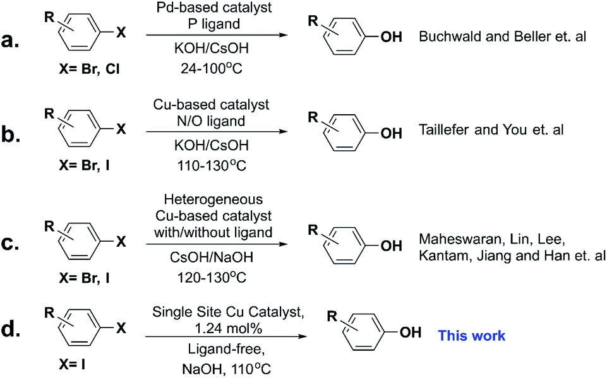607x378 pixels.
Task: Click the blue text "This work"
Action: click(x=472, y=335)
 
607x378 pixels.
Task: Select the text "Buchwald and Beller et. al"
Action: click(x=503, y=38)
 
